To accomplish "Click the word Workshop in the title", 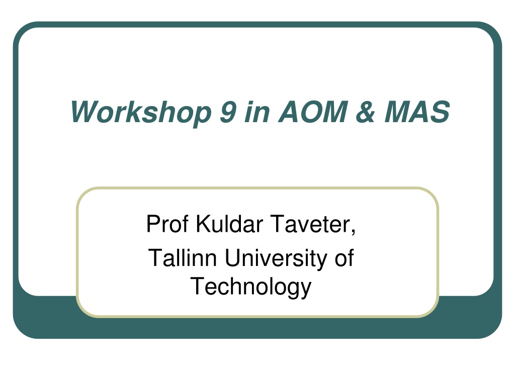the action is (141, 113).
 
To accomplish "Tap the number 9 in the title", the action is (228, 112).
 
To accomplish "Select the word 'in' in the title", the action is (257, 112).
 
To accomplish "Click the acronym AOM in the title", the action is (313, 112).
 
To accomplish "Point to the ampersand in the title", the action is (365, 112).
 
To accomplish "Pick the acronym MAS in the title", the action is (417, 112).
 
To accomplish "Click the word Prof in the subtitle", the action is (167, 224).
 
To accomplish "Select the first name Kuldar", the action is (229, 224).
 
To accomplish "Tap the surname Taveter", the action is (310, 224).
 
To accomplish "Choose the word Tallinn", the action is (182, 258).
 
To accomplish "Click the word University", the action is (276, 259).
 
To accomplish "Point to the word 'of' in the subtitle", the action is (344, 258).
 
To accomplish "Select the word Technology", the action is (251, 287).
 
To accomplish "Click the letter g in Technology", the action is (293, 290).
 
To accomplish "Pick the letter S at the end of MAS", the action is (440, 112).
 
